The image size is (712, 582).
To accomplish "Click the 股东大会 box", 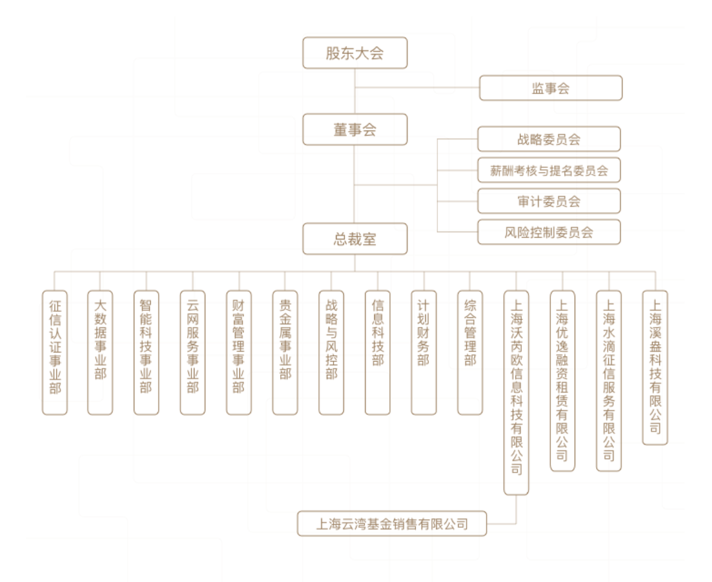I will [x=355, y=53].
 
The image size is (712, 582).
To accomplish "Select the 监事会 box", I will [x=550, y=88].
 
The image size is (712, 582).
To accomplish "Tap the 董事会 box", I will [x=355, y=129].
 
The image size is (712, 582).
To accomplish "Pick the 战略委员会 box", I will [x=549, y=139].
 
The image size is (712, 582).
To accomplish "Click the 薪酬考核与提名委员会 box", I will [x=549, y=170].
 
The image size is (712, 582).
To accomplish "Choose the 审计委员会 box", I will [x=549, y=201].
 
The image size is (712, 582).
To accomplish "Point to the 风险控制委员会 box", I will [x=549, y=232].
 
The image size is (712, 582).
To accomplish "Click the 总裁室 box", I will [x=355, y=239].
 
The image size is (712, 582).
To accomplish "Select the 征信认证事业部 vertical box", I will [x=55, y=352].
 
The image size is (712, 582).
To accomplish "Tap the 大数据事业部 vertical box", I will [x=100, y=352].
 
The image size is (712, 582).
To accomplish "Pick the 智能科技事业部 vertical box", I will [x=146, y=352].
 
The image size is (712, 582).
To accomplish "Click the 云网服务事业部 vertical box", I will [x=193, y=352].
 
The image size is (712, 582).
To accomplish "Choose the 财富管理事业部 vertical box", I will [x=239, y=352].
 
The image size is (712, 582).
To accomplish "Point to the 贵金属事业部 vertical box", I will [x=285, y=352].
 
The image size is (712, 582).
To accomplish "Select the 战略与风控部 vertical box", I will [x=331, y=352].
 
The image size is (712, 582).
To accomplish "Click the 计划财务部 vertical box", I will [x=423, y=352].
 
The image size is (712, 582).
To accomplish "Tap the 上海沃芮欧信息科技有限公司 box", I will [x=516, y=392].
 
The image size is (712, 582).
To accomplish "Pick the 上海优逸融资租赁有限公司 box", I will [x=562, y=380].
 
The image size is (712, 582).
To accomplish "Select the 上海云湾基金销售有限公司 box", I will [x=392, y=524].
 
